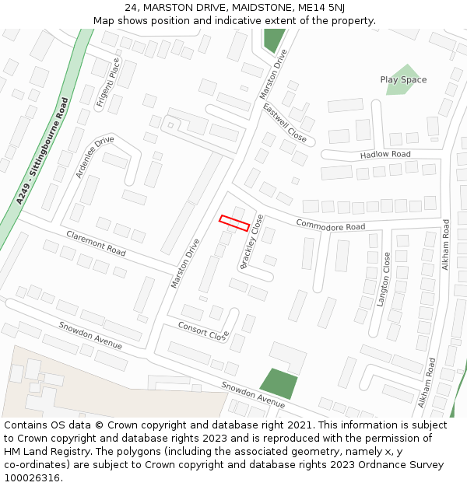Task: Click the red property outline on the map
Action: [x=234, y=223]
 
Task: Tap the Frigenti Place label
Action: [x=107, y=82]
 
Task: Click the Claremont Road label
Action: [x=96, y=243]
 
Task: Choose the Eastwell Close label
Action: [x=285, y=122]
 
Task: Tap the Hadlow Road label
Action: [x=384, y=155]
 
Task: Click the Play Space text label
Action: [x=403, y=79]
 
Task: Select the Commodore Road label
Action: [x=330, y=226]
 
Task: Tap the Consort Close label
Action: [x=203, y=330]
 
